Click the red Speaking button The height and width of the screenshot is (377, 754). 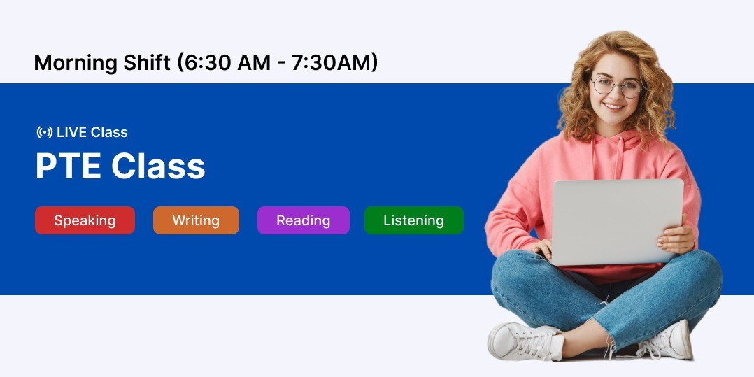coord(85,220)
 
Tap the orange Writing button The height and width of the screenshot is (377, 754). coord(196,220)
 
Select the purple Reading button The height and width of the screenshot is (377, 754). coord(304,220)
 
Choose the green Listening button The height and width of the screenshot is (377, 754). coord(413,220)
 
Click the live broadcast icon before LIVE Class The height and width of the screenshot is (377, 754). coord(45,132)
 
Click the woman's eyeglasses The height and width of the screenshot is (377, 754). coord(617,87)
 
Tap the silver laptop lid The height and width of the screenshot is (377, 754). coord(617,221)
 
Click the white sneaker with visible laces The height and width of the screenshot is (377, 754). coord(525,341)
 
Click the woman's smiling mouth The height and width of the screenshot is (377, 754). coord(614,106)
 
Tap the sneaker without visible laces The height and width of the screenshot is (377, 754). coord(666,341)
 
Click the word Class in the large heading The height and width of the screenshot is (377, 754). coord(158,166)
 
